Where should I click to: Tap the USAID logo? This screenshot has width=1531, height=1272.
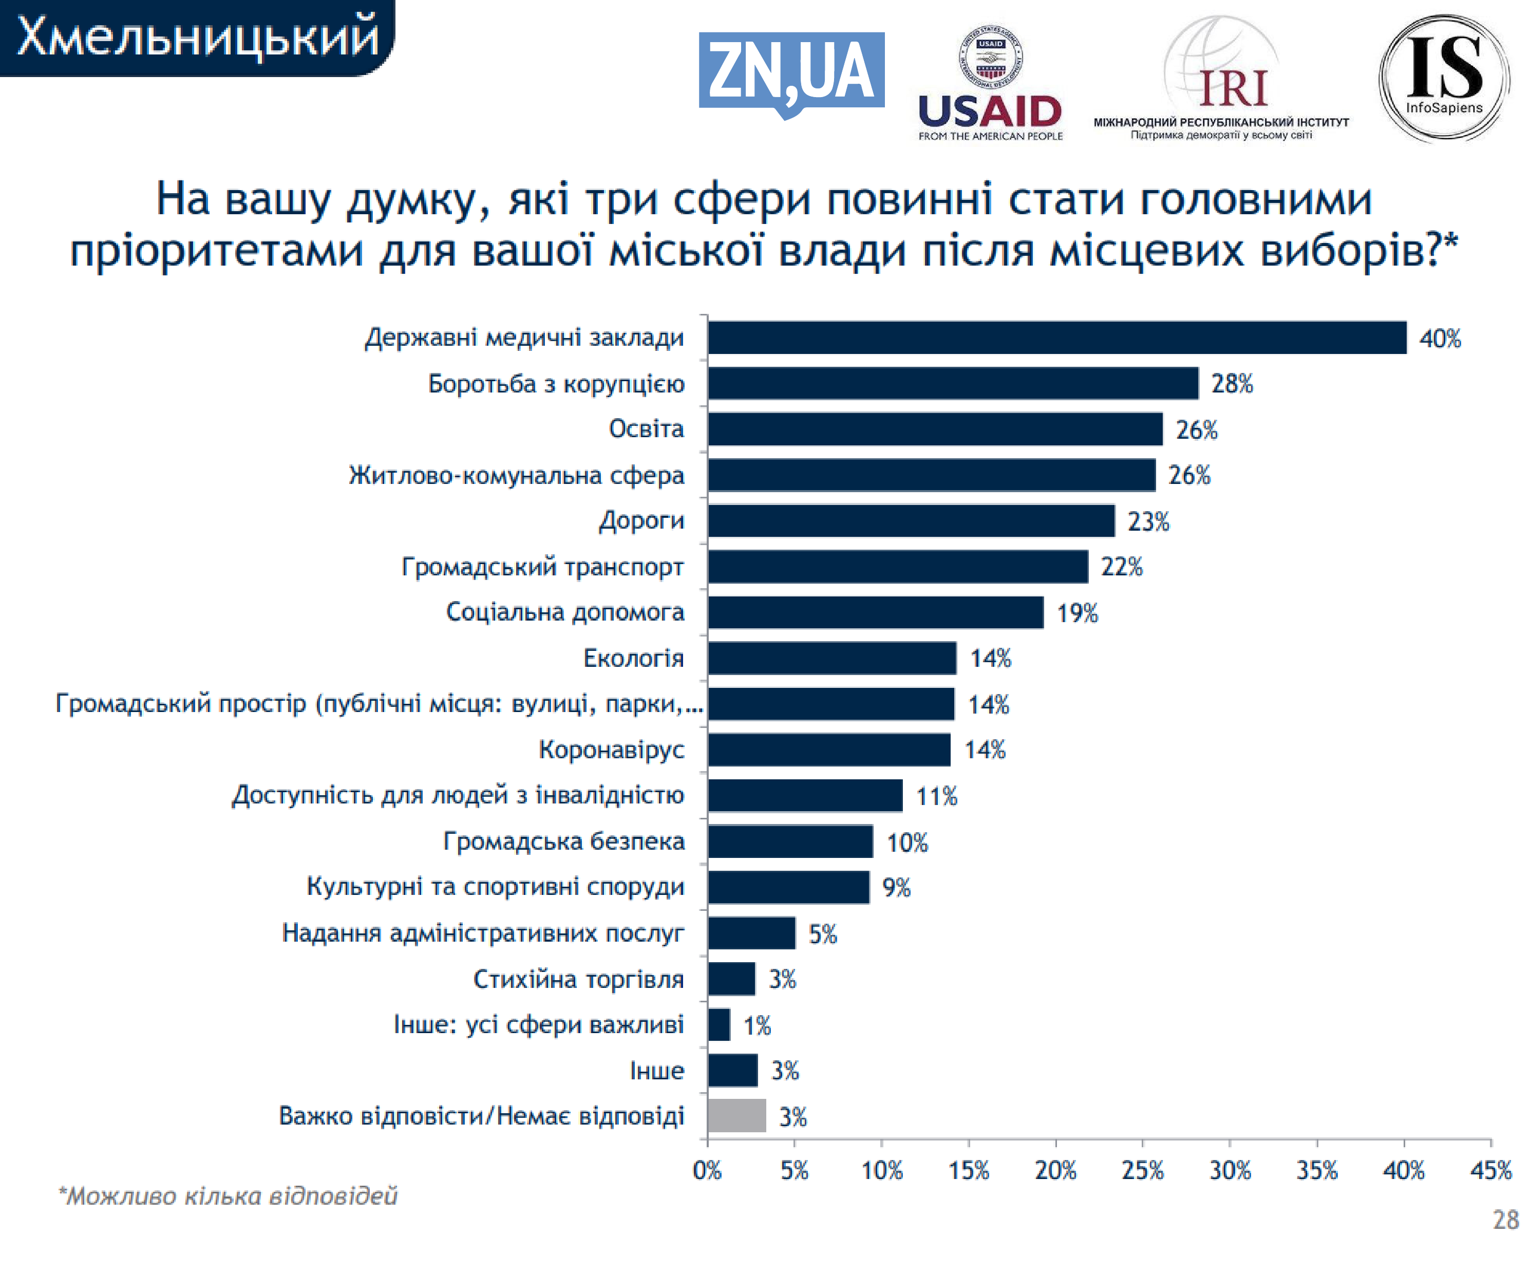(990, 84)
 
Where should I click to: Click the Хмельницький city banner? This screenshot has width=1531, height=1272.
(197, 36)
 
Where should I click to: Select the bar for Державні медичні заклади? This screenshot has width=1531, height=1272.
(1056, 338)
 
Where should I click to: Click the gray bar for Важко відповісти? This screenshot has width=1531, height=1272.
(736, 1116)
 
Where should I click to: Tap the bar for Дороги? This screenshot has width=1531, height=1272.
(911, 521)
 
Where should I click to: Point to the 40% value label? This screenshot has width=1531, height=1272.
(1440, 339)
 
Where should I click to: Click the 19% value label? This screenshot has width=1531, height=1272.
(1077, 613)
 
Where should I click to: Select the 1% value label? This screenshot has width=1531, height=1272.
(757, 1025)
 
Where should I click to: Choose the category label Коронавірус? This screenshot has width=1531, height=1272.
(611, 749)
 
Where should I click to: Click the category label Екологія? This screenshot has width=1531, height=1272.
(633, 658)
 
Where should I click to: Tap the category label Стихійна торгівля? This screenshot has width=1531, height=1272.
(578, 979)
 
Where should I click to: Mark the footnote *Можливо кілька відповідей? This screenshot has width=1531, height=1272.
(228, 1196)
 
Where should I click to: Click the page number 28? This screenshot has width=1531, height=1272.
(1505, 1220)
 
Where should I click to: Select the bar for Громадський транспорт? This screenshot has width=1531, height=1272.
(897, 567)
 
